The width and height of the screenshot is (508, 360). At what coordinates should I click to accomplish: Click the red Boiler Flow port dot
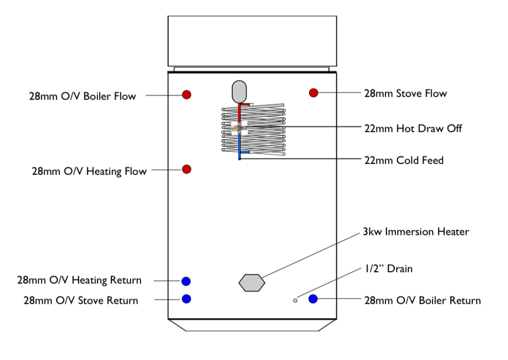(x=187, y=95)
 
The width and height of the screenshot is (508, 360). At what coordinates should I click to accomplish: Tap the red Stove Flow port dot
(x=314, y=93)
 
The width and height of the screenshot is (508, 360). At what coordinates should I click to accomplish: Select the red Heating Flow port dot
(x=187, y=169)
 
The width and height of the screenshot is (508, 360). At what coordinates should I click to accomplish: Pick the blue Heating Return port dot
(x=186, y=281)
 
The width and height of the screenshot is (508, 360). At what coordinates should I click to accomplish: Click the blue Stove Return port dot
(x=187, y=299)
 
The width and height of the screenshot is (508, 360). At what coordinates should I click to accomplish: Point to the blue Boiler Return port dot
(x=314, y=299)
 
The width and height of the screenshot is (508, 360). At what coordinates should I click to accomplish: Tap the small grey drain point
(x=295, y=300)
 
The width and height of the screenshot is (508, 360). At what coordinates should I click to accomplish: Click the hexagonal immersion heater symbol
(x=252, y=283)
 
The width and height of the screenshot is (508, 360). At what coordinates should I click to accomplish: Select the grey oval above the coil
(x=239, y=91)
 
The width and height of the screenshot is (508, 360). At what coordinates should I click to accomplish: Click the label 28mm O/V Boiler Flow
(x=82, y=96)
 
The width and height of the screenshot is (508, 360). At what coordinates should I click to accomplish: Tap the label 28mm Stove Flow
(x=405, y=93)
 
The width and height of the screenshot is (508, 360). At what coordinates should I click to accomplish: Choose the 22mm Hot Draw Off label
(x=413, y=129)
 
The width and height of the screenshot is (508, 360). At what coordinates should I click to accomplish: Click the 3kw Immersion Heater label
(x=416, y=232)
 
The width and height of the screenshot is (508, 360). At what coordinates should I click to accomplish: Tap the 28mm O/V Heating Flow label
(x=89, y=172)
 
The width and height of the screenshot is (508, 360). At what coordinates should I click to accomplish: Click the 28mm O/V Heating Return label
(x=79, y=281)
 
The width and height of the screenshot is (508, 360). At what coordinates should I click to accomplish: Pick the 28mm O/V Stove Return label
(x=81, y=300)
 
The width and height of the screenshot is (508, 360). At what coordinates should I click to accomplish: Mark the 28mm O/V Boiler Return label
(x=422, y=300)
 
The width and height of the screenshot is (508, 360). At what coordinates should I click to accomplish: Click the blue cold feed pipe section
(x=239, y=146)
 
